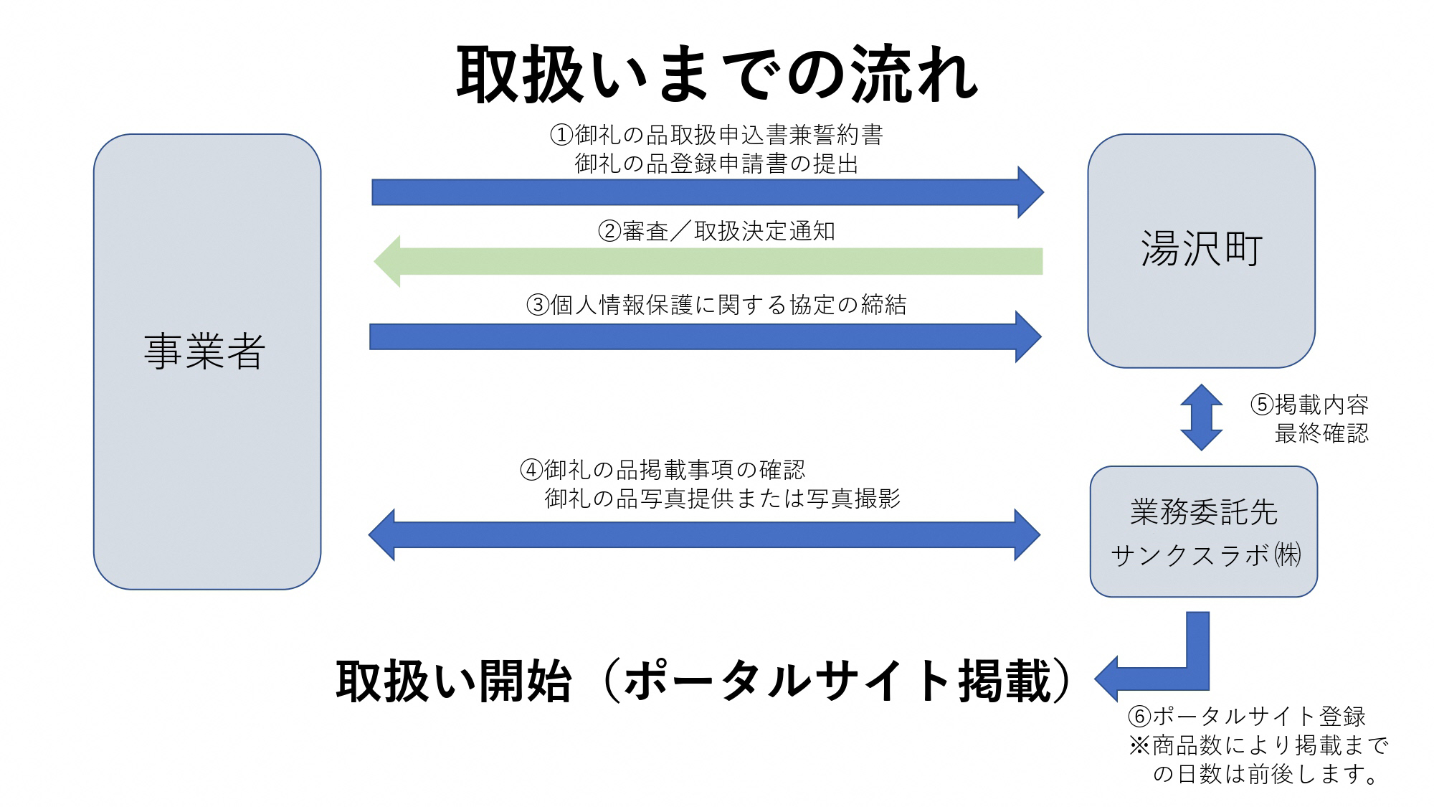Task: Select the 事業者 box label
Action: (205, 351)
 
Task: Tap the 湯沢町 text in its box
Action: (1201, 249)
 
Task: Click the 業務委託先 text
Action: (1204, 512)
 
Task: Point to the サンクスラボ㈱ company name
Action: (1205, 555)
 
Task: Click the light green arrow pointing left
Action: (708, 261)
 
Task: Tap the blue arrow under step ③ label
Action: (705, 336)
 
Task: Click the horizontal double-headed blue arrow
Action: (704, 534)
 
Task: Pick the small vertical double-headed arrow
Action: (1201, 417)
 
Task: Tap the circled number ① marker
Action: (561, 135)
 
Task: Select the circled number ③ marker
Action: (538, 305)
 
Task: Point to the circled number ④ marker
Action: (531, 471)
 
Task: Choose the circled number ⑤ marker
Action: (1262, 405)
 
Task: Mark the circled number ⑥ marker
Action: (1139, 716)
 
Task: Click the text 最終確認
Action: (1321, 433)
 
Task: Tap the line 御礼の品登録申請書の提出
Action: (716, 164)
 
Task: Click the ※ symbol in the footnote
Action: (1139, 745)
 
